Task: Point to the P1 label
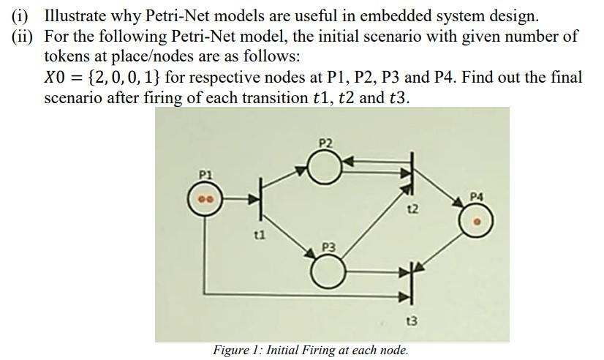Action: pos(206,175)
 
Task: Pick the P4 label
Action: pos(476,195)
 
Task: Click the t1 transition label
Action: pos(257,235)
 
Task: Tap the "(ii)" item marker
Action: pos(22,36)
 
